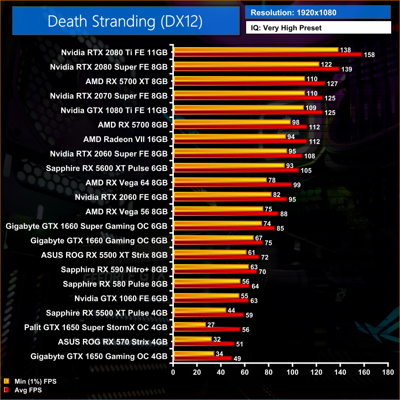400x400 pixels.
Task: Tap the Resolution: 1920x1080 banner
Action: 318,12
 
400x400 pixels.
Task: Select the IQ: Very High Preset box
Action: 318,28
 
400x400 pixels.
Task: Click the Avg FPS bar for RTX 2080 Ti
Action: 268,55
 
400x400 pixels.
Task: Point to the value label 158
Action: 369,55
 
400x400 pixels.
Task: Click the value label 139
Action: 346,70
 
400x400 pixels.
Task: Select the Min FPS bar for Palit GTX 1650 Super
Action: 190,324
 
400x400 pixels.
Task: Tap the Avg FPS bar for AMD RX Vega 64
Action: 233,185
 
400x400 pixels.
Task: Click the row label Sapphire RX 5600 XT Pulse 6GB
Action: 107,168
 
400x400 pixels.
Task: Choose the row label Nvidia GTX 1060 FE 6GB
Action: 121,298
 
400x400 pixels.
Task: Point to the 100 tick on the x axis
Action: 293,372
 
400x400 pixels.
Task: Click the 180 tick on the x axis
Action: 387,372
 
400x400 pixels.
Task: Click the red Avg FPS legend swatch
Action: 6,389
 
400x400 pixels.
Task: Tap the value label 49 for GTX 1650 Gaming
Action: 237,359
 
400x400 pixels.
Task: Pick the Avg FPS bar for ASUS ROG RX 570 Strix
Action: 204,344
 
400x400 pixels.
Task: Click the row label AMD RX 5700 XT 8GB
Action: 127,82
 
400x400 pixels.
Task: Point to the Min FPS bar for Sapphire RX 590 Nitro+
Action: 211,266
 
